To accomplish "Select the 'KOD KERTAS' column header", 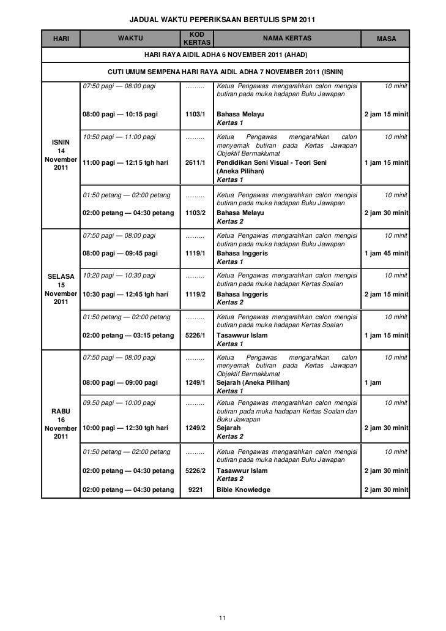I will pyautogui.click(x=196, y=39).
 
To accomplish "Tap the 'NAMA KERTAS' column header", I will pyautogui.click(x=286, y=39).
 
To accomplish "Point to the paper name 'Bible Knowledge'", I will pyautogui.click(x=243, y=489).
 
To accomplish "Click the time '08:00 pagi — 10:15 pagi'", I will pyautogui.click(x=120, y=115).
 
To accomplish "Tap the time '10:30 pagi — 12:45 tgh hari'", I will pyautogui.click(x=125, y=294).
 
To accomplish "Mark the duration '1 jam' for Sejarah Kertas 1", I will pyautogui.click(x=373, y=382).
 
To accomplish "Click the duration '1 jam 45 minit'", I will pyautogui.click(x=386, y=252).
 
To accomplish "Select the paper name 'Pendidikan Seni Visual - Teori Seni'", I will pyautogui.click(x=272, y=162).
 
